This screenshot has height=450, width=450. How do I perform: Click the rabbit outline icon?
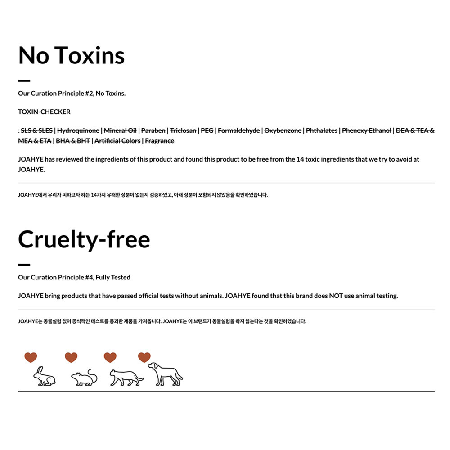click(x=45, y=376)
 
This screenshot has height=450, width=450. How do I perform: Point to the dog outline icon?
click(x=165, y=373)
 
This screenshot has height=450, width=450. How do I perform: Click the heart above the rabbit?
click(x=31, y=357)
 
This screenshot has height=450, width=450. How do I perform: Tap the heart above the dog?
click(x=144, y=357)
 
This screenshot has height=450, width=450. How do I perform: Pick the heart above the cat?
click(x=110, y=357)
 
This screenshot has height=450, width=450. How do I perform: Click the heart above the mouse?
click(x=71, y=357)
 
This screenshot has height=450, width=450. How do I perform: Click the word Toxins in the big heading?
click(x=90, y=56)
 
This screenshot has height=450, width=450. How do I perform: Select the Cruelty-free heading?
click(x=84, y=239)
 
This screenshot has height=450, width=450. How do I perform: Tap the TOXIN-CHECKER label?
click(x=44, y=112)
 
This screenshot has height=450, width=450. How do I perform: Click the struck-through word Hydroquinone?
click(x=78, y=130)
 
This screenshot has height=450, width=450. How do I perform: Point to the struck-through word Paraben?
click(x=153, y=130)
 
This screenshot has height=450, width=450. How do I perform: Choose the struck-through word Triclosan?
click(x=183, y=130)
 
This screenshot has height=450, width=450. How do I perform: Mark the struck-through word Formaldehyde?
click(x=238, y=130)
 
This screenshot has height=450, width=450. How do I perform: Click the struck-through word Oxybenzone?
click(x=283, y=130)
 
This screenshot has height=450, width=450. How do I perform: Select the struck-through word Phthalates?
click(x=321, y=130)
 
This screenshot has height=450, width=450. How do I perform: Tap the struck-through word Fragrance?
click(x=159, y=141)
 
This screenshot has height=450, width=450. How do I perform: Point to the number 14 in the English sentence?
click(x=301, y=159)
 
